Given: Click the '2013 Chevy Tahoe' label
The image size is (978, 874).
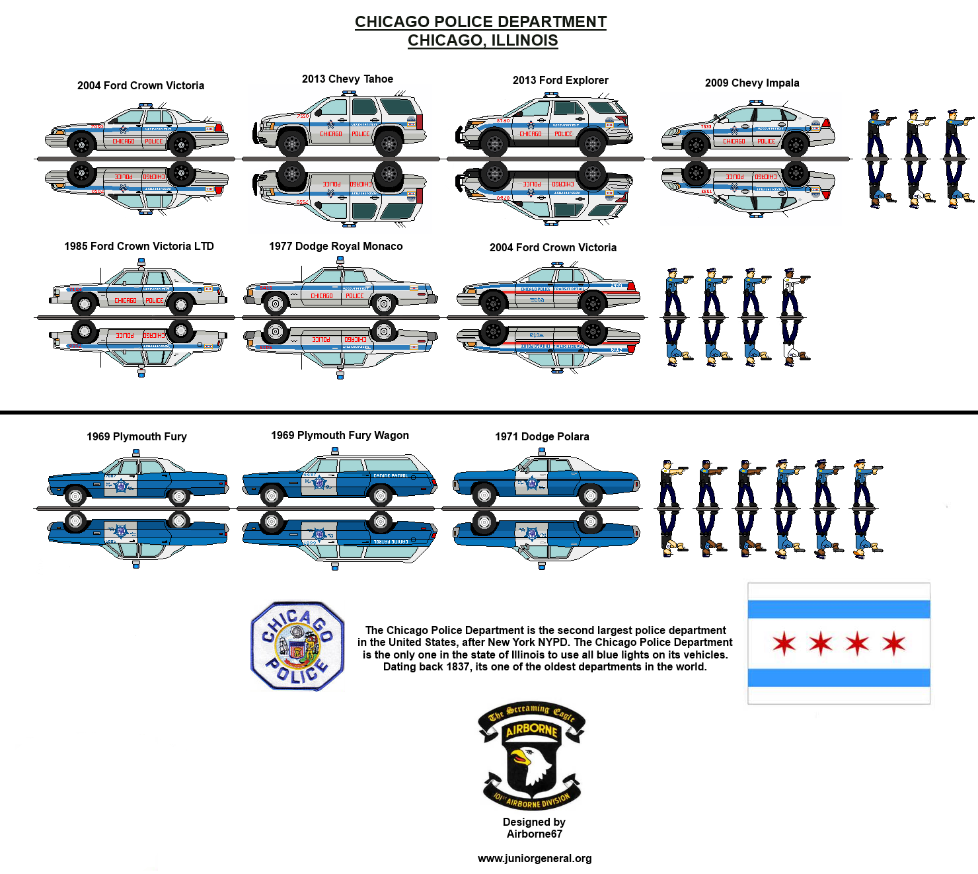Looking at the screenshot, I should (x=348, y=79).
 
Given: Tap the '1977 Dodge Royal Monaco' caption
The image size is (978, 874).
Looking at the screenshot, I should (x=336, y=247).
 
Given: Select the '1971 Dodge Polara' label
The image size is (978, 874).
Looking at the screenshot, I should (x=542, y=437).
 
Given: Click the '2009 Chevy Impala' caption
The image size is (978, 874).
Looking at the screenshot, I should (x=752, y=83).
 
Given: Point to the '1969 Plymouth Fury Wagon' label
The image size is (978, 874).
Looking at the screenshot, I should (x=340, y=436).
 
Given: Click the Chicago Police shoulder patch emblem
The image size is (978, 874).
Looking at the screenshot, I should (x=297, y=646).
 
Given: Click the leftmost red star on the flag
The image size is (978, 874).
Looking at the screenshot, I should (x=784, y=643).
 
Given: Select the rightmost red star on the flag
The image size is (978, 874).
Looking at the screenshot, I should (x=894, y=643).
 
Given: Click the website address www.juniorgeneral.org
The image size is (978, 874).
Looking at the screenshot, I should (x=535, y=859).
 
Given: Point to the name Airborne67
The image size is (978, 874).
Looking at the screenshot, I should (x=535, y=834).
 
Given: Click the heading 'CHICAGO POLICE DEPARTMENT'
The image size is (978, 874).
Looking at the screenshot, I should (x=480, y=22).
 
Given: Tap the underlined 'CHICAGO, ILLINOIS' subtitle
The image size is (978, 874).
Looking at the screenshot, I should (x=482, y=40).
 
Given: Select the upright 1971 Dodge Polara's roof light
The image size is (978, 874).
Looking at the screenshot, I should (x=542, y=452).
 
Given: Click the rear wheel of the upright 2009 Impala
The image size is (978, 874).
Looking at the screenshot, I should (x=796, y=144).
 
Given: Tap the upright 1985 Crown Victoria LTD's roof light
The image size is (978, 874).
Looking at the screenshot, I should (x=141, y=262).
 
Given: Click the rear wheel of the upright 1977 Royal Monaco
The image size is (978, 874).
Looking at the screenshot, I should (x=383, y=303).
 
